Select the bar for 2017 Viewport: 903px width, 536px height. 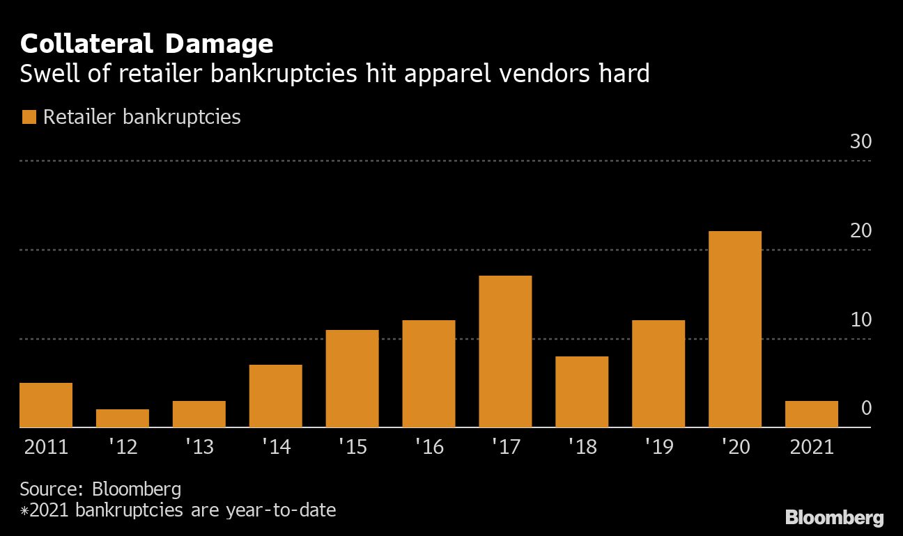505,352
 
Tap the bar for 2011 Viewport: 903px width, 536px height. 46,405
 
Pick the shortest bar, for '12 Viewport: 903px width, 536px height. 123,418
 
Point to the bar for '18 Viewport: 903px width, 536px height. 582,392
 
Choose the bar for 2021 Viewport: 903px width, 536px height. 812,414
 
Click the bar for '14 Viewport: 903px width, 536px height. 276,396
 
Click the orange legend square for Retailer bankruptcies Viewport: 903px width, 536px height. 29,117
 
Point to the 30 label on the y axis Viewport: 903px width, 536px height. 860,142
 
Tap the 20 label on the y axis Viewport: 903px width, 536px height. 860,230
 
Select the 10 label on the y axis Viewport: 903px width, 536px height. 860,320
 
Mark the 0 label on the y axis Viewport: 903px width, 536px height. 866,408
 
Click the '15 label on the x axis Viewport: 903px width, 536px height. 353,446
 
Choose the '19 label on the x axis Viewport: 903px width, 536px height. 658,446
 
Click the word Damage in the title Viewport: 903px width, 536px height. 219,45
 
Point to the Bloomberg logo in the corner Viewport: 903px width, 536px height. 835,518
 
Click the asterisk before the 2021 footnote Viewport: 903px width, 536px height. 24,512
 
